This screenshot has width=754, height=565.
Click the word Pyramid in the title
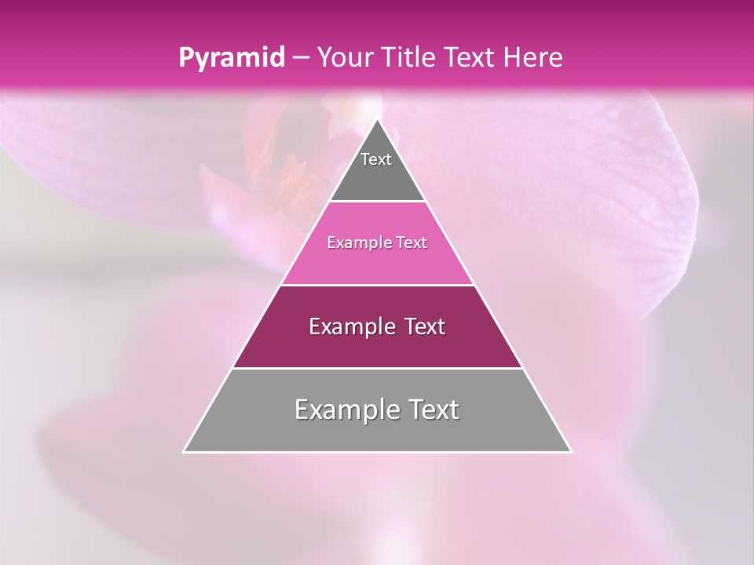pyautogui.click(x=230, y=58)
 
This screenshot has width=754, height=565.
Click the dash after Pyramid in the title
pyautogui.click(x=300, y=58)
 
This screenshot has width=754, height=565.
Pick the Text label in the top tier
pyautogui.click(x=376, y=159)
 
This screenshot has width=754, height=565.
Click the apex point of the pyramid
pyautogui.click(x=377, y=120)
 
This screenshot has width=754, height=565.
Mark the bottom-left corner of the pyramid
pyautogui.click(x=185, y=451)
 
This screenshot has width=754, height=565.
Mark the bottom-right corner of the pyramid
pyautogui.click(x=570, y=451)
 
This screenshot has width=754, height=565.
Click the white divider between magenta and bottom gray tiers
pyautogui.click(x=377, y=368)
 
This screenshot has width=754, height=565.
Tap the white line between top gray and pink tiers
pyautogui.click(x=377, y=202)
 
